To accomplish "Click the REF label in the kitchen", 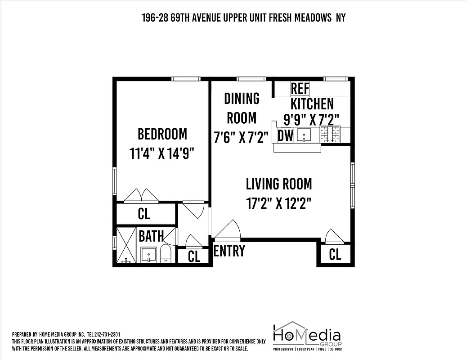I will [300, 89].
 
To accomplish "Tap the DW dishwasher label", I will [286, 135].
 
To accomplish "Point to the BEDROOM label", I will [162, 134].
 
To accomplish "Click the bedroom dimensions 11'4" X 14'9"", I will [162, 153].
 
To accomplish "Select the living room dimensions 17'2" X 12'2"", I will [279, 203].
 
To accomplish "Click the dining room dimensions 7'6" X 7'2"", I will [241, 137].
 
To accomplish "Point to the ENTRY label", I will [229, 251].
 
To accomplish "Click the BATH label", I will [151, 236].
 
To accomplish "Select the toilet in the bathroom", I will [166, 254].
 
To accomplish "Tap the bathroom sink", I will [148, 255].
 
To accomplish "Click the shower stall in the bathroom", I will [126, 245].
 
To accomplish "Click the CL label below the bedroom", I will [144, 214].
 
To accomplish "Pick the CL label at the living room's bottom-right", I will [335, 255].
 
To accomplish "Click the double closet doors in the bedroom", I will [141, 196].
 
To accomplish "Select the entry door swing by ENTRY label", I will [229, 230].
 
